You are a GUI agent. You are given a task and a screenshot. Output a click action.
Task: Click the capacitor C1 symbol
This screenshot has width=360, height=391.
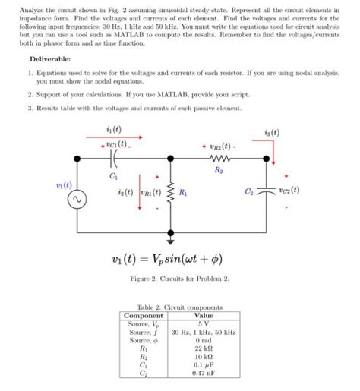click(114, 159)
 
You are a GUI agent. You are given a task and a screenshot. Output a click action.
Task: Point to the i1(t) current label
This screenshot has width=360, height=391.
click(113, 130)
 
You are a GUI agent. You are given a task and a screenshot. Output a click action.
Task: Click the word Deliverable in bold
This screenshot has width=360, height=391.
click(50, 58)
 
